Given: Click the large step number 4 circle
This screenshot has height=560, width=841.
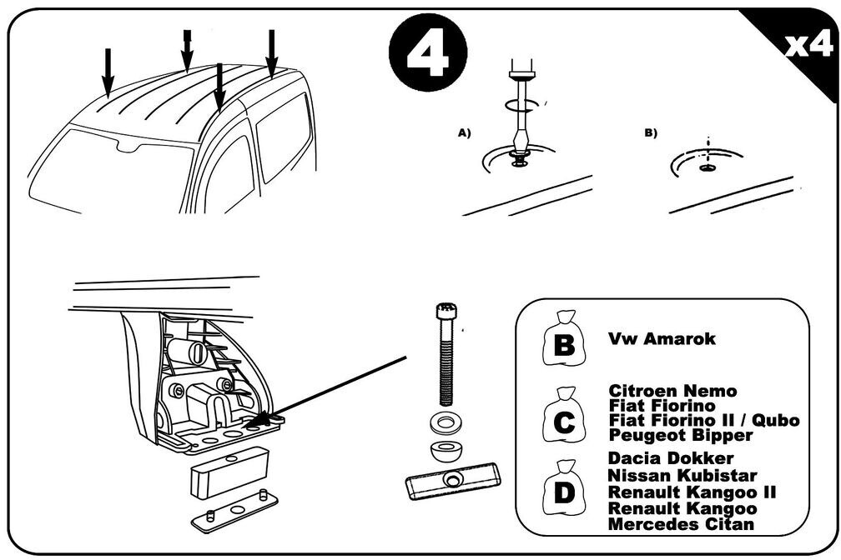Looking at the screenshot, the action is pos(428,52).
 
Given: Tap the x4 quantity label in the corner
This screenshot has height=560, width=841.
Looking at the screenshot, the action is pos(808,46).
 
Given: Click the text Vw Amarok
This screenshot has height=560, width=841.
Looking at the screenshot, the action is pos(662,338).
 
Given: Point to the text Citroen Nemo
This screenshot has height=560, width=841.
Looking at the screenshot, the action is pos(672,391).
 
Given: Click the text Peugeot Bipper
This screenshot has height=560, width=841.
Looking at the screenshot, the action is pos(681,435).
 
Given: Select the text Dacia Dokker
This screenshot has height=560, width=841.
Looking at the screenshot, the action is pos(671,458).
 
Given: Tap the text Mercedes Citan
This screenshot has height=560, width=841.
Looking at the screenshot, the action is pos(681,523).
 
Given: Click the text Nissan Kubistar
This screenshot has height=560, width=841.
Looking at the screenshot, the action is pos(682,475).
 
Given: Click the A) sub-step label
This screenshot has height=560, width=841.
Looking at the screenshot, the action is pos(464,132).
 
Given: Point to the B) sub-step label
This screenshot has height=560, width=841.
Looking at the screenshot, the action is pos(651,132).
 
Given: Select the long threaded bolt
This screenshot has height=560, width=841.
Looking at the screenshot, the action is pos(446,354).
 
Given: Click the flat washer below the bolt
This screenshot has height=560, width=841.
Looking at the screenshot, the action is pos(444,423).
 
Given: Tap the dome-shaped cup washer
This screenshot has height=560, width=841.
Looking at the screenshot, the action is pos(445,451).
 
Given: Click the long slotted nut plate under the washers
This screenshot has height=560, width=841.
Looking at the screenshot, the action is pos(453,480).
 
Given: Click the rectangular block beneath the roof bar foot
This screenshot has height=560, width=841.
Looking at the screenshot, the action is pos(229,472).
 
